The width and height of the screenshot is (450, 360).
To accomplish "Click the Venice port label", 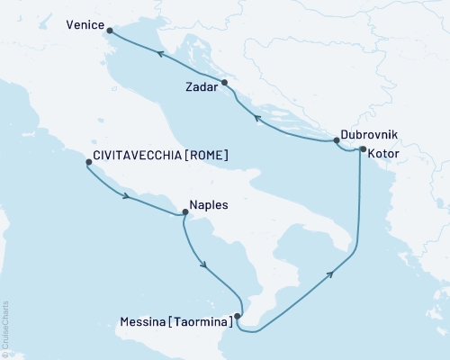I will coord(87,28).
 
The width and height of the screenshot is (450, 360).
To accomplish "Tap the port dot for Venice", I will coord(111,31).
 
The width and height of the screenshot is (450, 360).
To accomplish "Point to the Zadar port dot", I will coord(225,83).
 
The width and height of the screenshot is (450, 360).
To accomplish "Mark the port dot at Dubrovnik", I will coord(337,140).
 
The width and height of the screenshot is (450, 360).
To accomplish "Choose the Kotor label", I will coord(382,153).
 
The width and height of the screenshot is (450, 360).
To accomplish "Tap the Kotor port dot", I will coord(362,149).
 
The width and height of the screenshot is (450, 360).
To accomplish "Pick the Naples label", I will coord(208,205).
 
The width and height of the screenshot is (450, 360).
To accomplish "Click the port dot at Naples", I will coord(185,213).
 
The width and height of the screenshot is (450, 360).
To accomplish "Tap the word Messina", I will coord(144,319).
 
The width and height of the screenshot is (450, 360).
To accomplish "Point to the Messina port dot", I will coord(237,316).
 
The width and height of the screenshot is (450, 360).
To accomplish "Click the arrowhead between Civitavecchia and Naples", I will coord(127,195).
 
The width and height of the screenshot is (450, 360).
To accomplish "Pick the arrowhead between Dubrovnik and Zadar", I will coord(256,118).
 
